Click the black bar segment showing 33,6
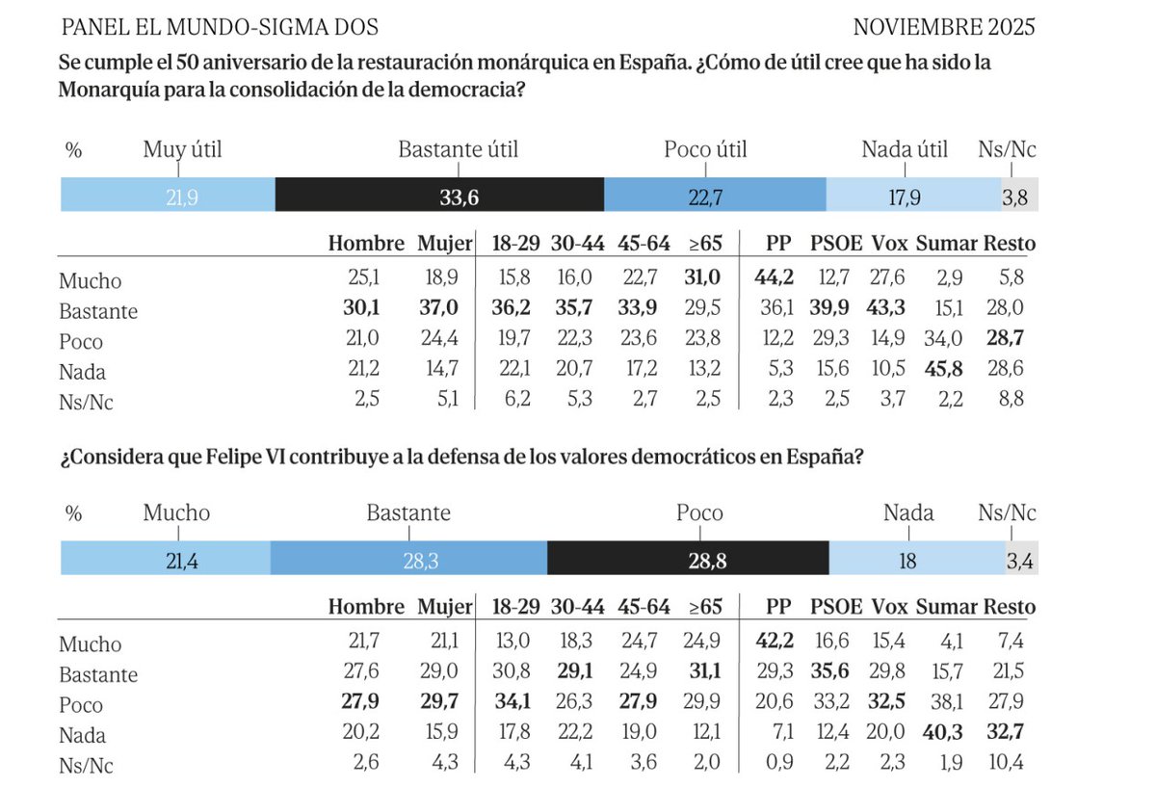439,196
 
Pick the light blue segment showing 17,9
913,196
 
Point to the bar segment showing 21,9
168,196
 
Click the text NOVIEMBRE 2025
944,27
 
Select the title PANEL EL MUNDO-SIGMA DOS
220,27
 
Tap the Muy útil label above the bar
182,150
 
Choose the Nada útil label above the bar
905,150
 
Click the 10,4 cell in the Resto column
1007,764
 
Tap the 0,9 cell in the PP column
780,764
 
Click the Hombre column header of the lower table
366,607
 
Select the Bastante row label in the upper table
98,312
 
